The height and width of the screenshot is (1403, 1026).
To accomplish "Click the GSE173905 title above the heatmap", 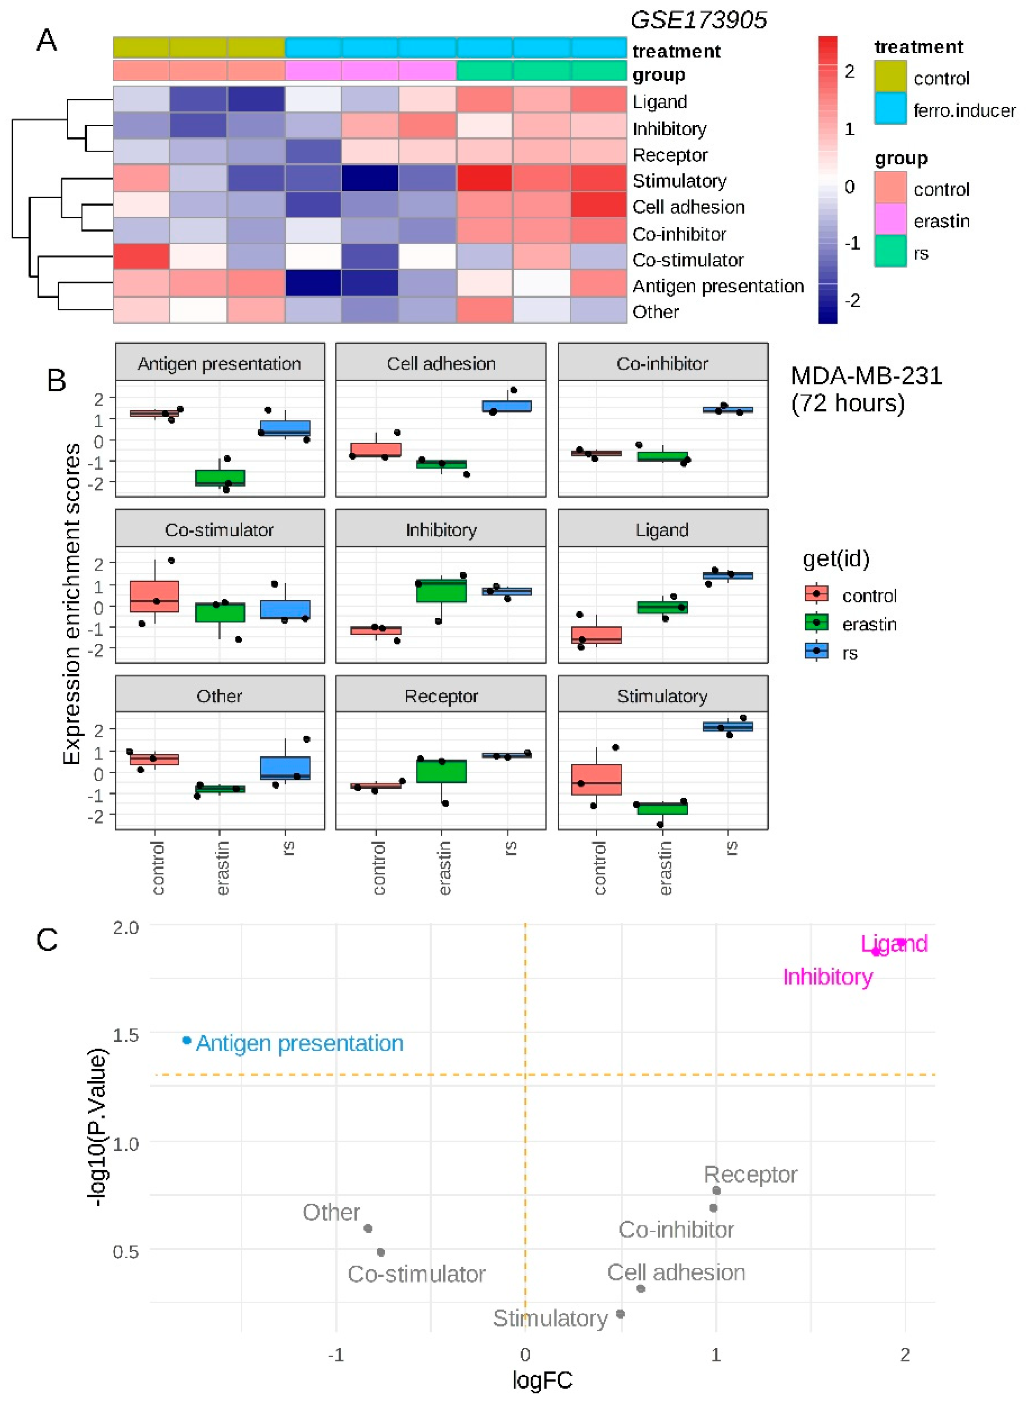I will [x=698, y=21].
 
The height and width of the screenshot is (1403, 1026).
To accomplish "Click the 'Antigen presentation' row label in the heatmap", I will [x=717, y=286].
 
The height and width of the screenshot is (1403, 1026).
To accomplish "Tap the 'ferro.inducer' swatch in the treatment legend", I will [x=890, y=109].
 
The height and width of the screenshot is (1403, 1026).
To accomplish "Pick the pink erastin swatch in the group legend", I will [x=890, y=220].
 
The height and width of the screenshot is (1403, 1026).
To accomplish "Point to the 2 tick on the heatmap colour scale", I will [x=849, y=71].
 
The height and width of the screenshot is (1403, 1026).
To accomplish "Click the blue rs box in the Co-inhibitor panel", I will [x=727, y=410].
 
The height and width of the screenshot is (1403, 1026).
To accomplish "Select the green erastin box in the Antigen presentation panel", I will [x=220, y=477].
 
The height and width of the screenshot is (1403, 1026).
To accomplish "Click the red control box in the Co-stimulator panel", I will [x=154, y=596].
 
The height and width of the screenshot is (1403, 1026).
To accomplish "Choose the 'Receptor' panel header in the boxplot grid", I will [x=441, y=696].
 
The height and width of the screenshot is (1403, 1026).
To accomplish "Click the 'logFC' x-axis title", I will [x=542, y=1380].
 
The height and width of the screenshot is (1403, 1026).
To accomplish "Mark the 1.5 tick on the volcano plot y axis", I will [x=126, y=1035].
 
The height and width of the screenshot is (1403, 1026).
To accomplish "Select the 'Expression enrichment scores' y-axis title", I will [x=72, y=604].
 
